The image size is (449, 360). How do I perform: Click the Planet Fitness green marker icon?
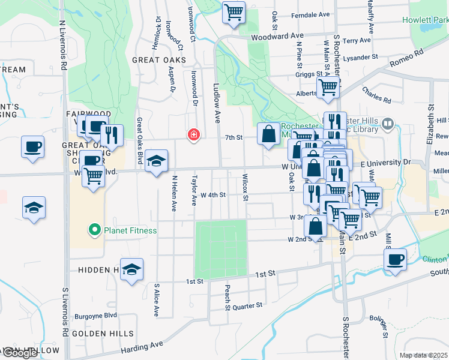[x=94, y=230]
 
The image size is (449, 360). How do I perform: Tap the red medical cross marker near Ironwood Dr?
[x=193, y=134]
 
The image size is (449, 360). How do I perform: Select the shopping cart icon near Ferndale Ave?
[x=234, y=12]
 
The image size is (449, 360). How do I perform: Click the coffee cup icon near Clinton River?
[x=395, y=260]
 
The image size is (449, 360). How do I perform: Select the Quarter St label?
[x=247, y=305]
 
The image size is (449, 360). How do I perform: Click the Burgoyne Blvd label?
[x=97, y=314]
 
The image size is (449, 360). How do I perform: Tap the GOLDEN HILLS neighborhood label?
[x=97, y=332]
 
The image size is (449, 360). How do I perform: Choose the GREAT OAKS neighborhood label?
[x=158, y=60]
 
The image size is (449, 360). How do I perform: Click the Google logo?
[x=20, y=353]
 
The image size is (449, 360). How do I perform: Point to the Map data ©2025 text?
[x=423, y=355]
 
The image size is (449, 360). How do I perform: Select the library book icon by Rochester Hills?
[x=387, y=124]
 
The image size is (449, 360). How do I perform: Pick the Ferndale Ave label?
[x=310, y=14]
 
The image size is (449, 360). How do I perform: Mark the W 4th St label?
[x=213, y=194]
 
